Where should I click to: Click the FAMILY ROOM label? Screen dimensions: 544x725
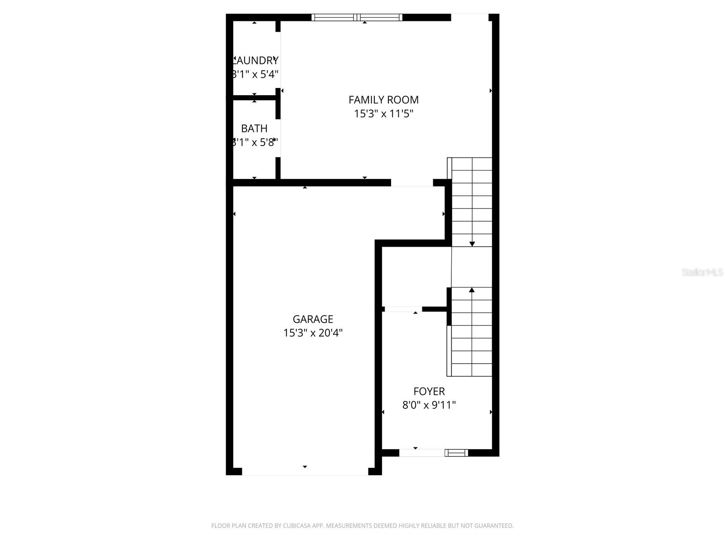tap(383, 100)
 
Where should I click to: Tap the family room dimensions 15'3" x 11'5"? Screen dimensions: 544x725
tap(383, 114)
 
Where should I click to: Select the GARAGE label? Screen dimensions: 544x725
tap(313, 319)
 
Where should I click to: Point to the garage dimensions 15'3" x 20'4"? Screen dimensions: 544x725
tap(313, 333)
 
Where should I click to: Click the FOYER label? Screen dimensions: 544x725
tap(429, 391)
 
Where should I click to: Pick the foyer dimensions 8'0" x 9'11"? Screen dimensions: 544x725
tap(429, 405)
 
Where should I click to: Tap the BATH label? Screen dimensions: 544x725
tap(254, 129)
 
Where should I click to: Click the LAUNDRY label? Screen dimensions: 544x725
tap(255, 60)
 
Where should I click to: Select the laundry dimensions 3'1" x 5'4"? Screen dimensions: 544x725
tap(255, 74)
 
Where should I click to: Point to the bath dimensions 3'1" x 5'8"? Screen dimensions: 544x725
tap(254, 142)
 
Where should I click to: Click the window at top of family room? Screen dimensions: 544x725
tap(357, 18)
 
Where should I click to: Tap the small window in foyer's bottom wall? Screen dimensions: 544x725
tap(456, 452)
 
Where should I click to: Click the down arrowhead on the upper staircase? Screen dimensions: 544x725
tap(472, 244)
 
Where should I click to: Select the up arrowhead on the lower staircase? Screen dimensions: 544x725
tap(472, 290)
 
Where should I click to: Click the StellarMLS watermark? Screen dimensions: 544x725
tap(702, 272)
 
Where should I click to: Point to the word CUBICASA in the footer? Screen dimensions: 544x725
tap(296, 526)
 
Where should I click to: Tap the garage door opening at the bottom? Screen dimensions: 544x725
tap(305, 472)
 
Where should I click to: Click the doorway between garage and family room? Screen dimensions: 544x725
tap(412, 183)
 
